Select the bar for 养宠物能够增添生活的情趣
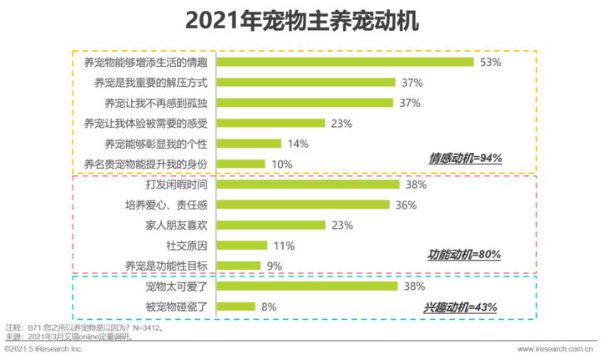[346, 63]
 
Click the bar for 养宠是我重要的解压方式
[306, 83]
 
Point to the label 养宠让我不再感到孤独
[154, 103]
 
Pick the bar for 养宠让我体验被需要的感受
[271, 124]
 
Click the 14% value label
[299, 144]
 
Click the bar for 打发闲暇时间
[307, 184]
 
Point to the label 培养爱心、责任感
[167, 205]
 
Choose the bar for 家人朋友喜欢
[272, 225]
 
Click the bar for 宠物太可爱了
[307, 286]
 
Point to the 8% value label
[269, 307]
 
